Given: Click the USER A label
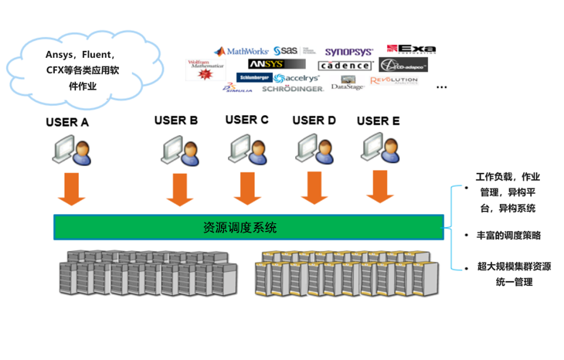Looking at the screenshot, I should coord(68,122).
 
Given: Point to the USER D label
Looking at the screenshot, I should coord(314,121).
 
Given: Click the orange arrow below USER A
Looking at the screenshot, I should coord(72,189).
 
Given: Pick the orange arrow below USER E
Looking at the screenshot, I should coord(379,186).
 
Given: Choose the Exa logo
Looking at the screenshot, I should coord(411,49).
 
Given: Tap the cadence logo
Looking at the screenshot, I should coord(345,66).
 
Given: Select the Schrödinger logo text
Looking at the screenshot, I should coord(292,89).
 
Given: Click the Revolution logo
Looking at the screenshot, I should coord(393,80).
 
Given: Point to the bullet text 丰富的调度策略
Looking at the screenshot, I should coord(508,236).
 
